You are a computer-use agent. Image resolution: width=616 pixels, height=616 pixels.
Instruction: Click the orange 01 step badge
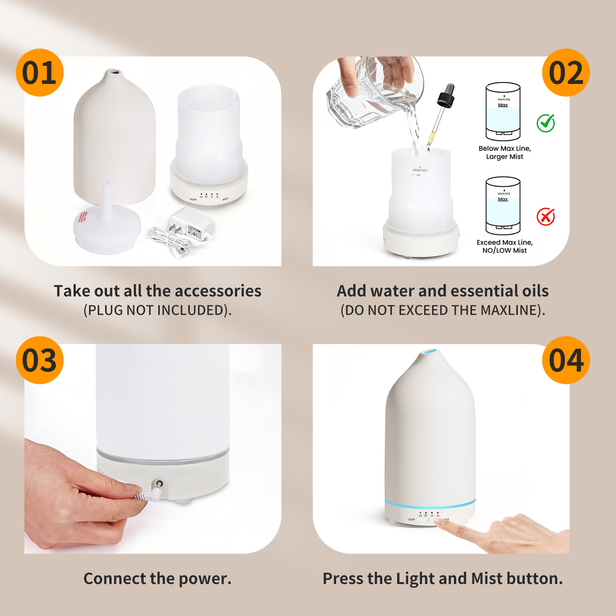39,73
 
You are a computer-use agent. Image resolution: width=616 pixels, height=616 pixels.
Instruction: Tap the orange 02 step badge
566,73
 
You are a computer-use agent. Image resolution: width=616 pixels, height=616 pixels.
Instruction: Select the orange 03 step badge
39,360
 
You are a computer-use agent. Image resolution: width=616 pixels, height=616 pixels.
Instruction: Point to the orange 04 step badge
566,360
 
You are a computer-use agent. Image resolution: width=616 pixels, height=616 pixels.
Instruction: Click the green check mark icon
546,123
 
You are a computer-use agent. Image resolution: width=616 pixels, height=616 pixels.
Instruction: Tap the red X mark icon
546,217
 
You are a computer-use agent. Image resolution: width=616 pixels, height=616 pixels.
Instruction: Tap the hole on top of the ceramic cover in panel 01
112,72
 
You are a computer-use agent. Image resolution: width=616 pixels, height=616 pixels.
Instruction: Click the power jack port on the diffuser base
158,484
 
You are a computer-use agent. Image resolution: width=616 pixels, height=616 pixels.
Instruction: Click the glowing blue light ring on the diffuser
430,503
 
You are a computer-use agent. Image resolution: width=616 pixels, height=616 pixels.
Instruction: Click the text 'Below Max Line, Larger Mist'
504,152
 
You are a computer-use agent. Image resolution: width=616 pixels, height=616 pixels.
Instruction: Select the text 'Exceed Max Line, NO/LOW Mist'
504,246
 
